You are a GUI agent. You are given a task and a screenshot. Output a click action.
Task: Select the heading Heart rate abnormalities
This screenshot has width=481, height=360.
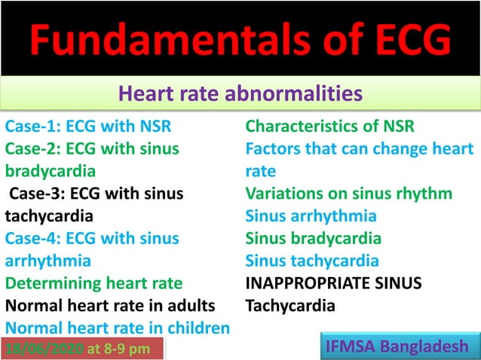coord(240,94)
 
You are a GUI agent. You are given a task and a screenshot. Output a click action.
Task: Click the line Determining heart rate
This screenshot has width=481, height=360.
coord(94,284)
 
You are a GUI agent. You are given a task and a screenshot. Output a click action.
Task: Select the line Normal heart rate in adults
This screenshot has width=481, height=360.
coord(110,307)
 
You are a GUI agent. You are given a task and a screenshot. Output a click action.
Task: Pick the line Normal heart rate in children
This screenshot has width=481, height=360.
coord(117,329)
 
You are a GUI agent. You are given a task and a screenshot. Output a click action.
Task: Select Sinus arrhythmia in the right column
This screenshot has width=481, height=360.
coord(311,216)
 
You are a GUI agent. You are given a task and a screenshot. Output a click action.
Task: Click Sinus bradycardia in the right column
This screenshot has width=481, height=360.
coord(314,239)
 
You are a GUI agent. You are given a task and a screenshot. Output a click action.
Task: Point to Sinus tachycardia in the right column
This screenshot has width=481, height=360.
coord(313,261)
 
